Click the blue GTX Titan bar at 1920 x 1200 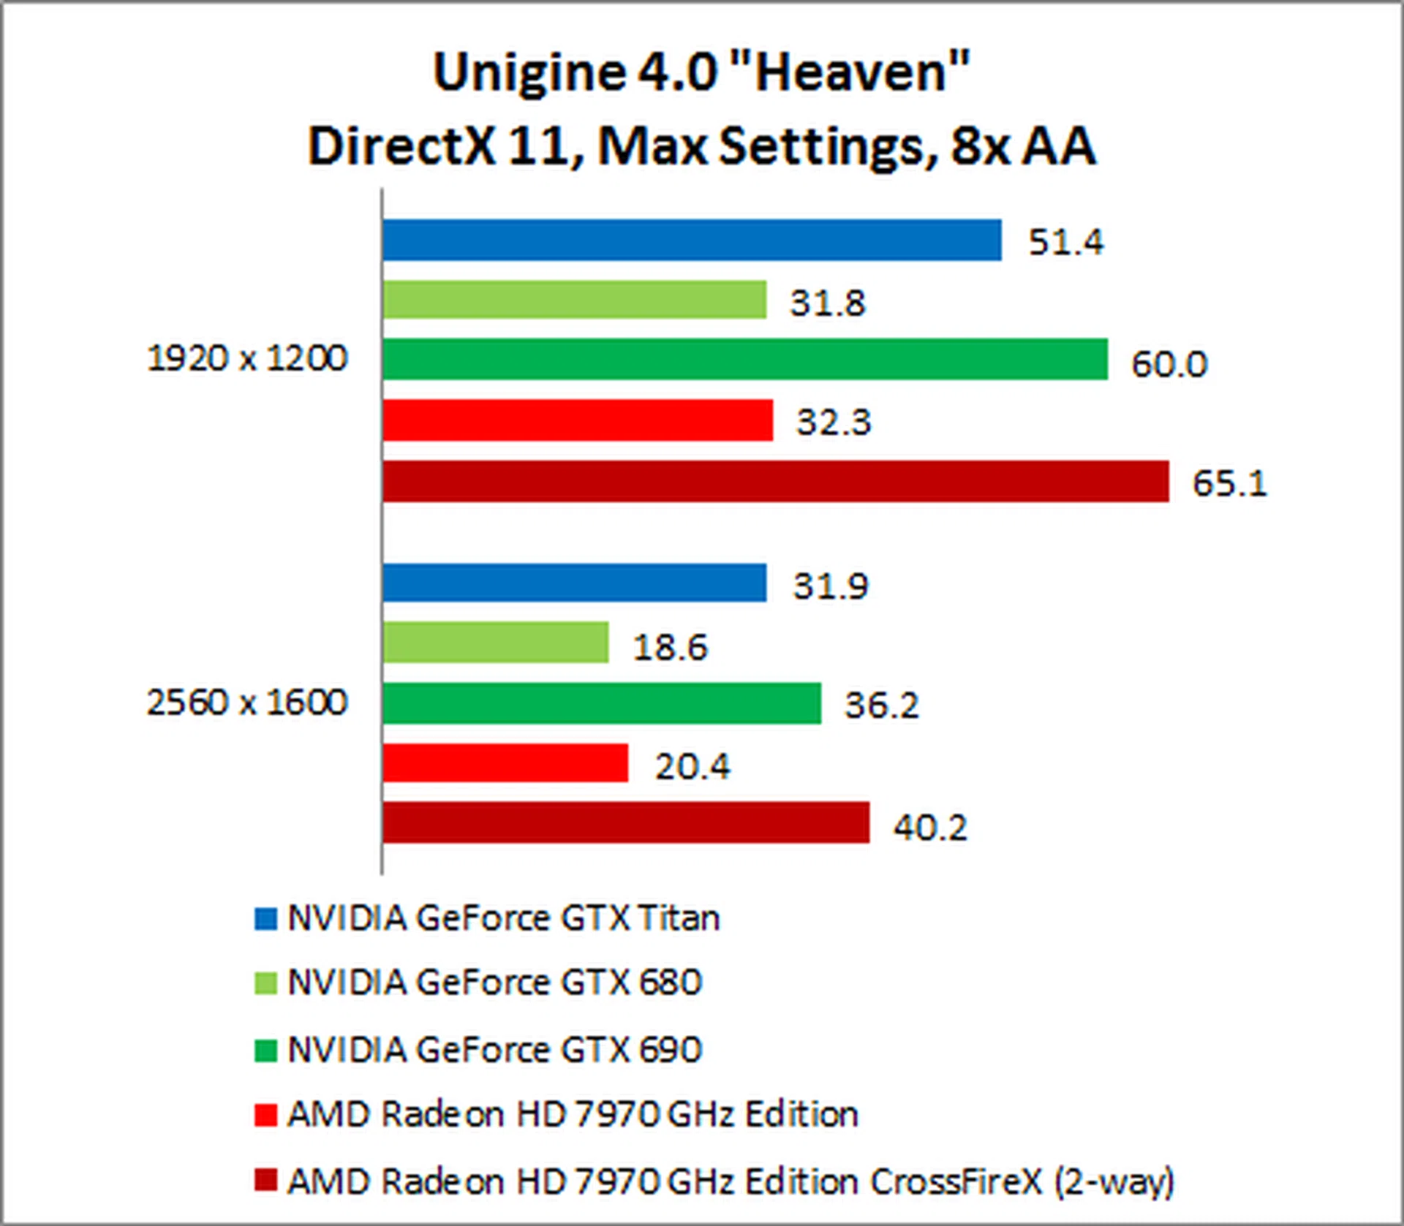click(x=691, y=240)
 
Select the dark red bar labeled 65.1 click(x=775, y=481)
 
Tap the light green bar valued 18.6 click(x=495, y=643)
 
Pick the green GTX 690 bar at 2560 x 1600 click(x=601, y=703)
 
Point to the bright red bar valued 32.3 click(x=577, y=420)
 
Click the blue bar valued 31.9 click(x=574, y=583)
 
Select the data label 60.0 click(x=1169, y=363)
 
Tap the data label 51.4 click(x=1065, y=242)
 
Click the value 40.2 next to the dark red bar click(x=930, y=827)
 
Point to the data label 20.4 click(x=692, y=766)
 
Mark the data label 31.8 click(x=827, y=303)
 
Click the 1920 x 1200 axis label click(x=247, y=358)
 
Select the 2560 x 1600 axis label click(x=247, y=703)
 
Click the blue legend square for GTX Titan click(x=265, y=919)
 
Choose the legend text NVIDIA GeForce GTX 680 click(x=494, y=983)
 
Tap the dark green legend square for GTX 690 click(x=265, y=1051)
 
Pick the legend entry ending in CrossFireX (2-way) click(x=730, y=1181)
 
